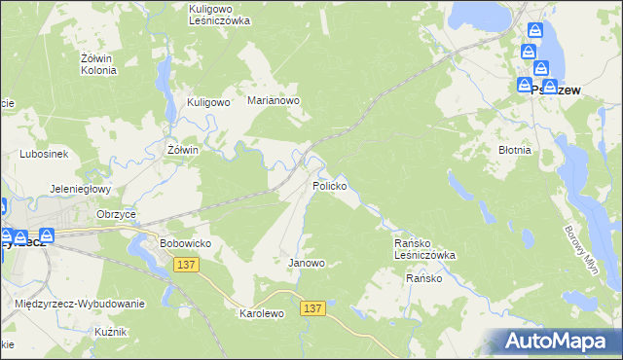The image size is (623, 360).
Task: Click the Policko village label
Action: [x=329, y=185]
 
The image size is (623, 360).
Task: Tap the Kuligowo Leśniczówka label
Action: [x=219, y=14]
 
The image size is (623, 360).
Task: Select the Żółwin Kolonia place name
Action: [x=97, y=64]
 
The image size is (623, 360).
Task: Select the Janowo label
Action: [x=306, y=263]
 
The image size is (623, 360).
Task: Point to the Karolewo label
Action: [x=261, y=314]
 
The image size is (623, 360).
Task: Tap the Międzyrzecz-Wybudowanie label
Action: [x=80, y=304]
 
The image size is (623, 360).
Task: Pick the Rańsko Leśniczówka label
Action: [x=423, y=248]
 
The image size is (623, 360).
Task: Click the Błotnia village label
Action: [x=514, y=151]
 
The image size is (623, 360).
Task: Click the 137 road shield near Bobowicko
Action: [x=187, y=264]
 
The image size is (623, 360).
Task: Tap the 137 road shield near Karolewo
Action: [x=311, y=308]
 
